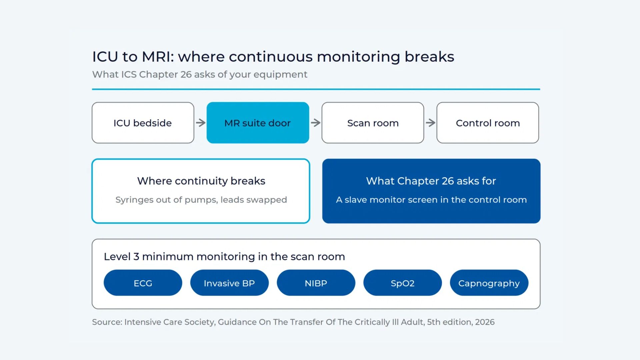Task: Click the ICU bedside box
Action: (143, 123)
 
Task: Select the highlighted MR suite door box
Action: (258, 123)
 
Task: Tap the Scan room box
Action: (373, 123)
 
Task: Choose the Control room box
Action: (488, 123)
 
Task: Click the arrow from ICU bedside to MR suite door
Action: (201, 123)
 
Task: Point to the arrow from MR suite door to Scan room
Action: (316, 123)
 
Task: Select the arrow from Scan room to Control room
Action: (431, 123)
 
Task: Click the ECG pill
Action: (143, 283)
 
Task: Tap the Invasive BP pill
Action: (229, 283)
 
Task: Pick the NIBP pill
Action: (316, 283)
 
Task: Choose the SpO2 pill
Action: (403, 283)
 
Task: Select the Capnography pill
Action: (489, 283)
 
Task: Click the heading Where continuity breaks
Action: (201, 181)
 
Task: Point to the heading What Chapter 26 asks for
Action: (431, 181)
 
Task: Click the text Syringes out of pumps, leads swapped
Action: (201, 200)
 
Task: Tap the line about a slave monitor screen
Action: (431, 200)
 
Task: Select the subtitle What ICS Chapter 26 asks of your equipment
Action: (200, 74)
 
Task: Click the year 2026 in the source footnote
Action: (485, 322)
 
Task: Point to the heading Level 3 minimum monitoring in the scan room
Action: (224, 257)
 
